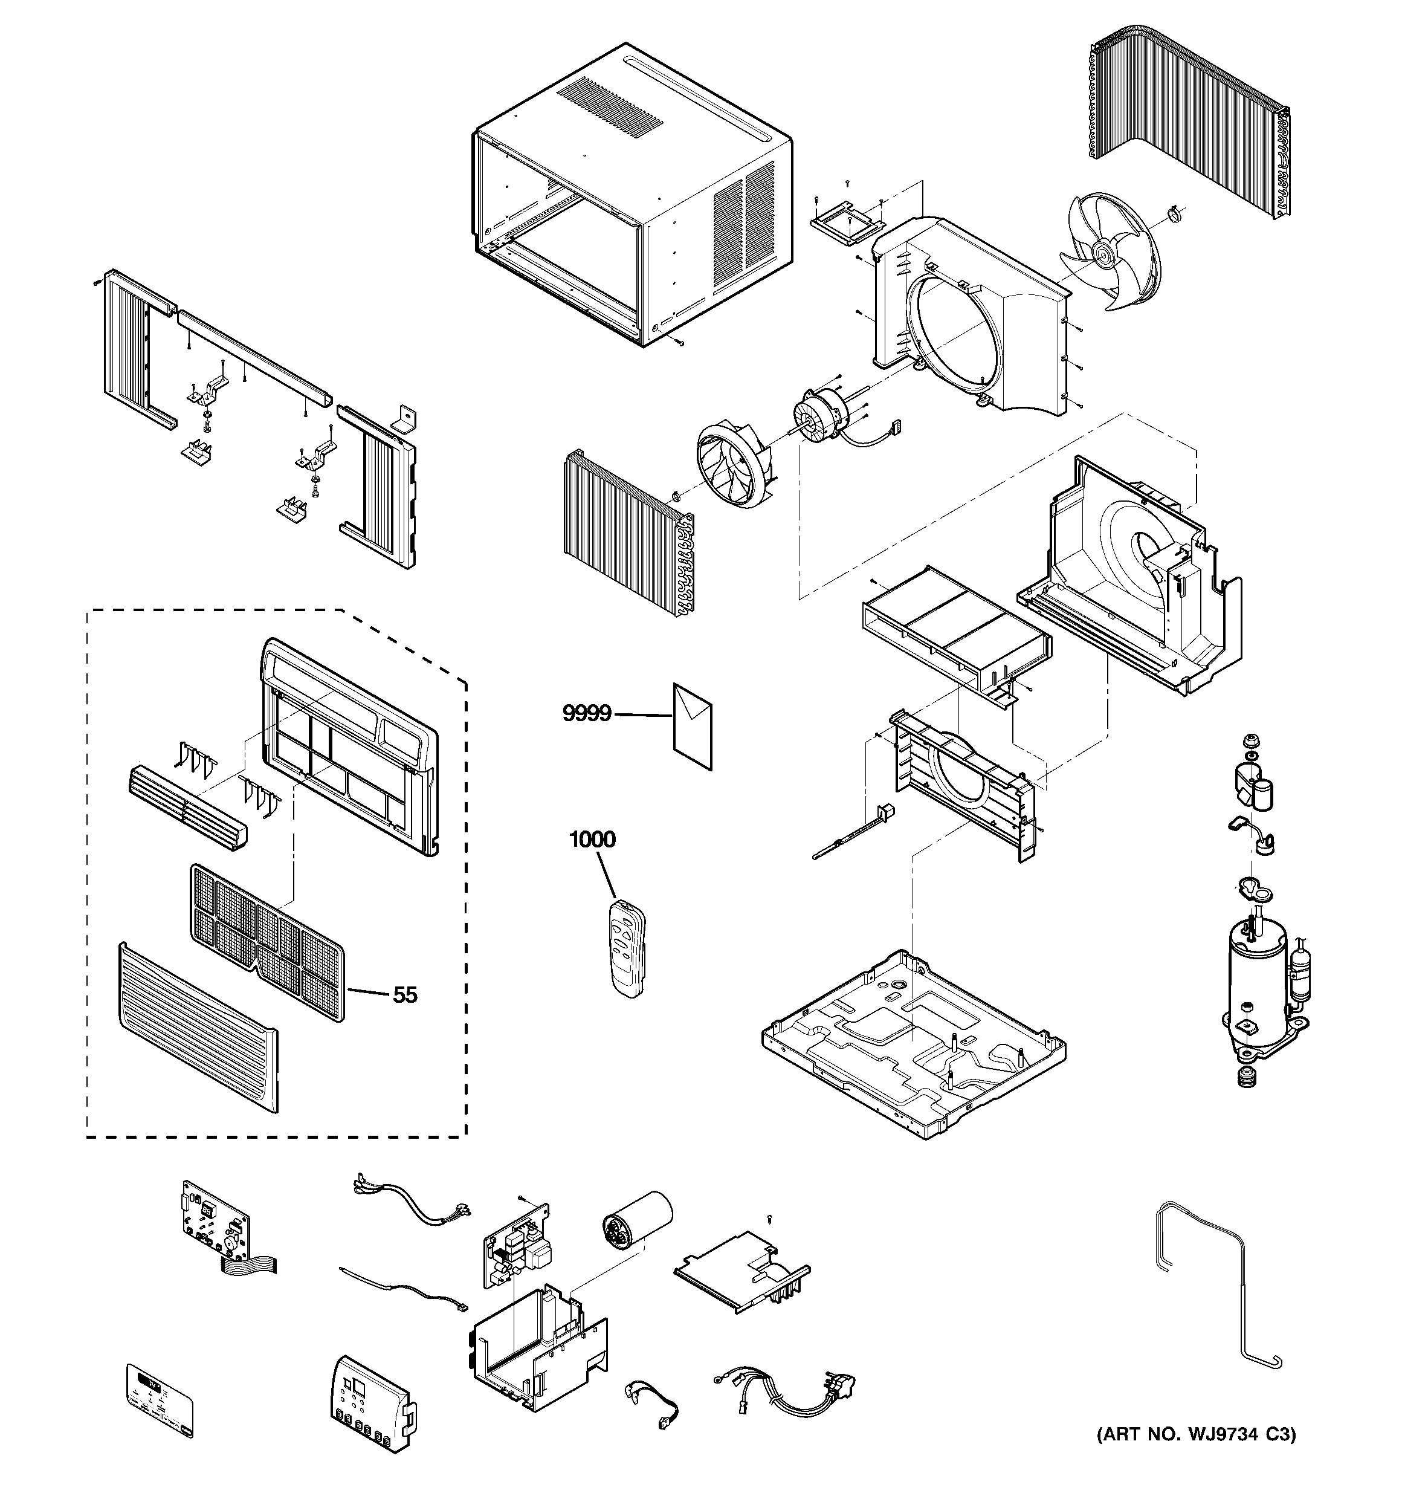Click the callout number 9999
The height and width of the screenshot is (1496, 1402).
(x=586, y=713)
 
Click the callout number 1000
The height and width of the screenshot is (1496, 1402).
(x=592, y=839)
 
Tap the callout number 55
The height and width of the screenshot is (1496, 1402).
(x=405, y=995)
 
